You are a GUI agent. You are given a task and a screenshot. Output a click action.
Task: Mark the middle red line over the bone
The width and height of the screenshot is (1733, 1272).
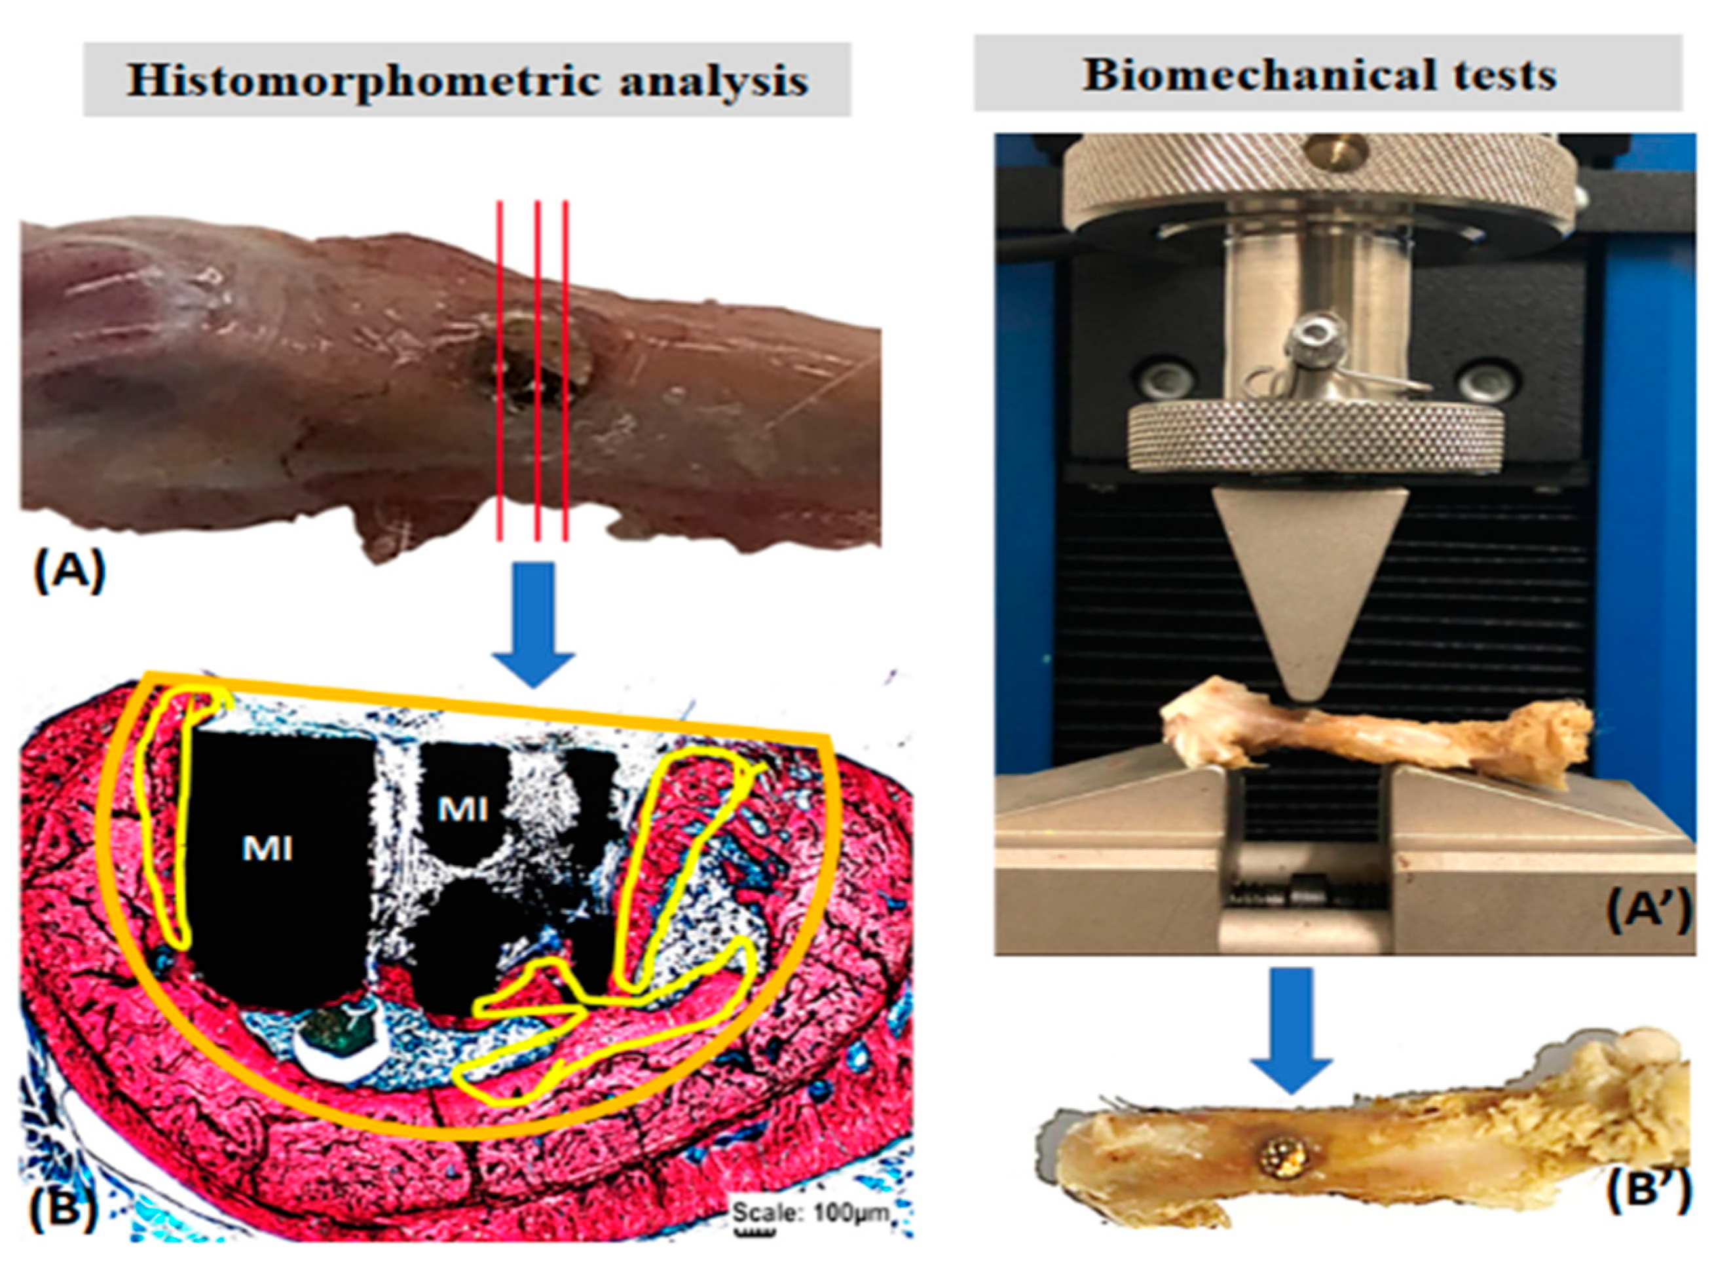tap(537, 369)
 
